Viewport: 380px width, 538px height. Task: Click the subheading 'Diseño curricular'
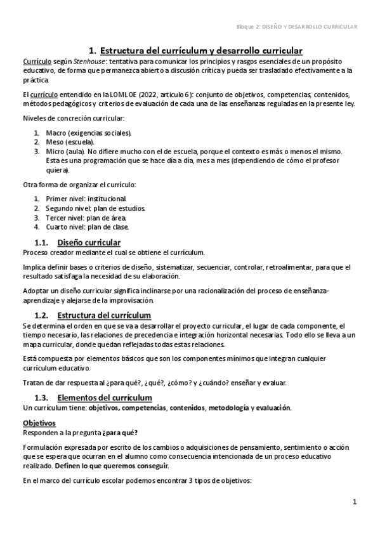(89, 242)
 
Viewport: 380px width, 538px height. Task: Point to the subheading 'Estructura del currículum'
(104, 315)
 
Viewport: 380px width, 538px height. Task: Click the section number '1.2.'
(42, 315)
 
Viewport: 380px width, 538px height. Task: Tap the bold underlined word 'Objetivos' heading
(39, 423)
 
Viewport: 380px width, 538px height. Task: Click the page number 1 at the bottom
(355, 502)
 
